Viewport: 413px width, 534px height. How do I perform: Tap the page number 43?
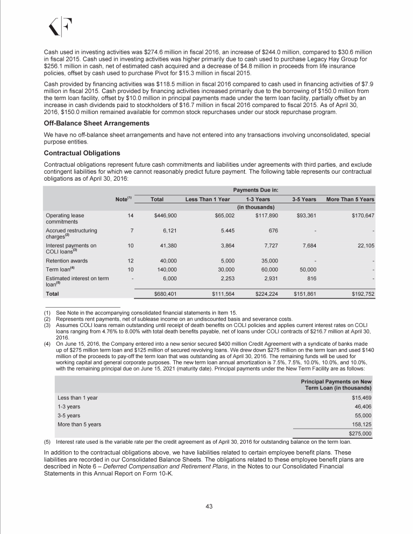click(x=206, y=503)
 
